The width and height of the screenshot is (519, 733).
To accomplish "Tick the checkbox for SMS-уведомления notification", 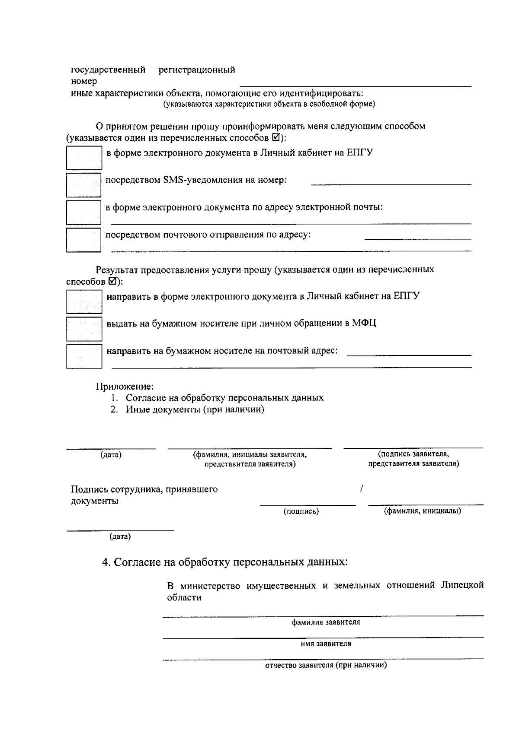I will [x=83, y=185].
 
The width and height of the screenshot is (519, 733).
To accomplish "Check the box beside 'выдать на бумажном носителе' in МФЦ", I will [x=84, y=329].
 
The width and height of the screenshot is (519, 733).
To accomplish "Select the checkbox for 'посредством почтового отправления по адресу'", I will [x=83, y=239].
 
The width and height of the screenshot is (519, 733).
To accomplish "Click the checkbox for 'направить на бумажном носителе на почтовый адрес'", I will [x=84, y=356].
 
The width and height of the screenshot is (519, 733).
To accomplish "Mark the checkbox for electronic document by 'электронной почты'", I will [x=83, y=212].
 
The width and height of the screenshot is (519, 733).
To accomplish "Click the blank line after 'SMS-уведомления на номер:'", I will [x=391, y=184].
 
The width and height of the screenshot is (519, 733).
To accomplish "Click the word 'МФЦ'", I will [x=364, y=324].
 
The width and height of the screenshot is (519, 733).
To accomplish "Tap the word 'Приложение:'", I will [x=125, y=386].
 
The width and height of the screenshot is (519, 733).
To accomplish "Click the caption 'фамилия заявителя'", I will [x=326, y=622].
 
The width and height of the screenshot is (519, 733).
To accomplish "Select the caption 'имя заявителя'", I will [x=326, y=644].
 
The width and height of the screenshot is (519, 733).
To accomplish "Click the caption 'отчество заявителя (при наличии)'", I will [x=326, y=665].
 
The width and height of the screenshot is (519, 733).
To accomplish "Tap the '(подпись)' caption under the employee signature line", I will [x=301, y=511].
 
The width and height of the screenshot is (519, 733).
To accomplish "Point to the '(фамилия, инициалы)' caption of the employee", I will [x=423, y=511].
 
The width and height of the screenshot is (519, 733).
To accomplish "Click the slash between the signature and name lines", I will [x=361, y=489].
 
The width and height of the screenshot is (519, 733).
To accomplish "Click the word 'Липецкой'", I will [x=462, y=586].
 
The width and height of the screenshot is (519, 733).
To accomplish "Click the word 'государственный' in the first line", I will [x=108, y=70].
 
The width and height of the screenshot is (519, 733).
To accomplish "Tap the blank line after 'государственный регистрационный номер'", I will [x=355, y=85].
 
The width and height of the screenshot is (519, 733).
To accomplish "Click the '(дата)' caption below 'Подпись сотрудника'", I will [x=120, y=537].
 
